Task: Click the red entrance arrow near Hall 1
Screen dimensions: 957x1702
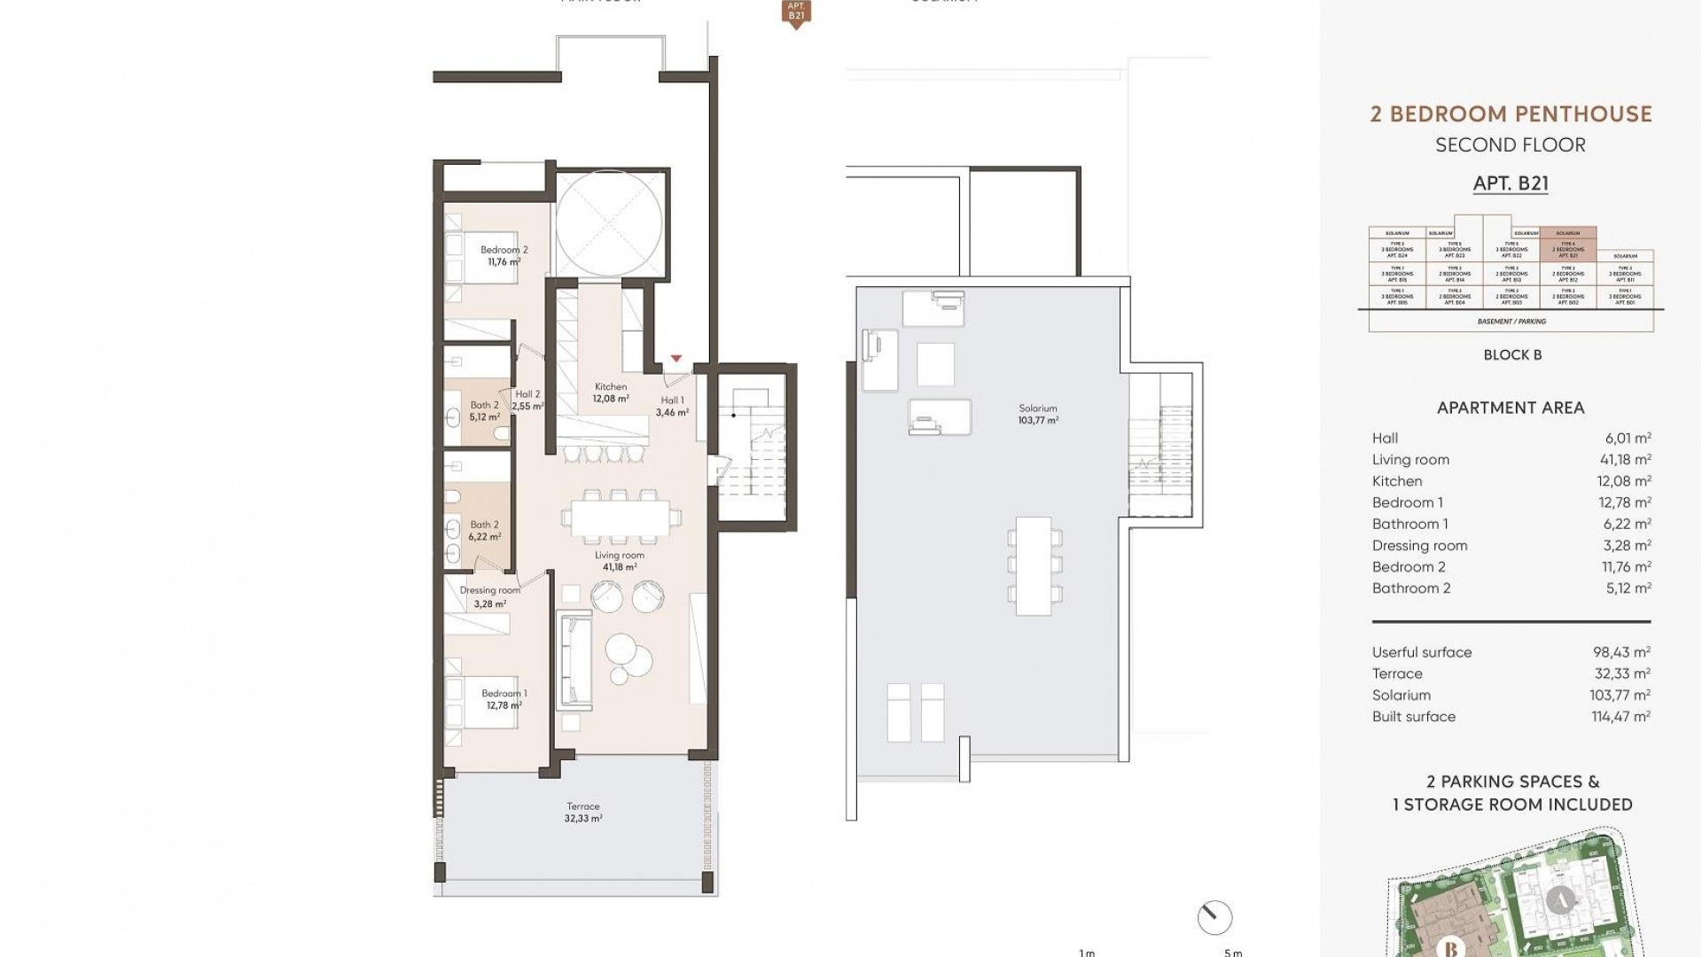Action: click(x=676, y=359)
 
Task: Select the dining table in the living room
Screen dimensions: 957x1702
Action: click(x=621, y=518)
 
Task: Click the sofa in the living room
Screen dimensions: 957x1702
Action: click(x=574, y=660)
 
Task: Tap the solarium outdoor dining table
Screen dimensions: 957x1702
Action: click(x=1034, y=565)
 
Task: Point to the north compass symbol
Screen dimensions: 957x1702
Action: click(x=1214, y=917)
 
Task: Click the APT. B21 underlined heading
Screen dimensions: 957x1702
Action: click(x=1511, y=183)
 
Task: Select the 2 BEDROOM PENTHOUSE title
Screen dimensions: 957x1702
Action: click(x=1511, y=114)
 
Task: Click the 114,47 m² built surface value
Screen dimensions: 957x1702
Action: click(x=1620, y=717)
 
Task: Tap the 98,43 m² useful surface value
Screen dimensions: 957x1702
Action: click(x=1620, y=652)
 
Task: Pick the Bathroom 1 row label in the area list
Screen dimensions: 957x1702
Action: click(x=1409, y=524)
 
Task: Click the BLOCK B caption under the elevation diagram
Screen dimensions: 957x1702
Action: click(x=1512, y=354)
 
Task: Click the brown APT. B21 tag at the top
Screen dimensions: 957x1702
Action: click(x=796, y=12)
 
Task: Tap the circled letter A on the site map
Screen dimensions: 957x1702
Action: click(x=1561, y=900)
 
